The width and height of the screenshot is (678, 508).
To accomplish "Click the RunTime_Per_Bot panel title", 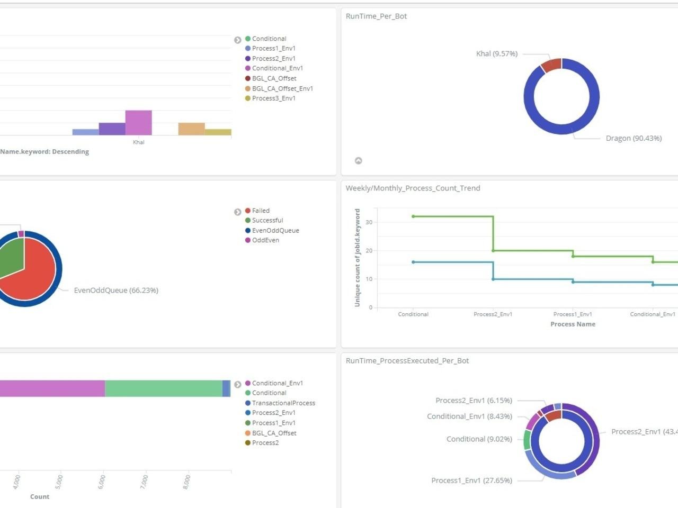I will (376, 16).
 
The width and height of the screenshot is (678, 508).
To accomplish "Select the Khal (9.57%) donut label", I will (496, 54).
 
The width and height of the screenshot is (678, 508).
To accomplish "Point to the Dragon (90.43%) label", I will (634, 138).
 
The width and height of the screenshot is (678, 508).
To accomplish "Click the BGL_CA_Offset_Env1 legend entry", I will (282, 88).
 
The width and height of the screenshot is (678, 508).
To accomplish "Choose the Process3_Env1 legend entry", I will (273, 98).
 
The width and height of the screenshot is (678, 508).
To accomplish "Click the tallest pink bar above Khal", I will (138, 123).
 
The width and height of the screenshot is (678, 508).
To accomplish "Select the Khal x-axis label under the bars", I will (138, 142).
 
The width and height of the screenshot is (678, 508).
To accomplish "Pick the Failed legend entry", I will (260, 211).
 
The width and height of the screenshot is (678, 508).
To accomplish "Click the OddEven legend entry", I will (265, 240).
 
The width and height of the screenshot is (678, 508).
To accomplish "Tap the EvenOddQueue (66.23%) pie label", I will (116, 291).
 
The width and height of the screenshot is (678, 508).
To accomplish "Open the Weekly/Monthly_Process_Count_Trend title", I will (413, 188).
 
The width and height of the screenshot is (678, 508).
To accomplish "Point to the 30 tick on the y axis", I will (369, 222).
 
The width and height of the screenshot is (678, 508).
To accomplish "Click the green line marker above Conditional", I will (413, 216).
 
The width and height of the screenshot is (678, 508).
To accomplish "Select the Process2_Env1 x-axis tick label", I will (493, 314).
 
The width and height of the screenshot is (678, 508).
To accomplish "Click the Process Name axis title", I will (573, 324).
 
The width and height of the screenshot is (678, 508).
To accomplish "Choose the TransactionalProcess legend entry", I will (283, 403).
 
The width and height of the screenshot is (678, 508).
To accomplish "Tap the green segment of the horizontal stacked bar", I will (163, 388).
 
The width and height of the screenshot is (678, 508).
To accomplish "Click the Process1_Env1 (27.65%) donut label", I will (471, 480).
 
